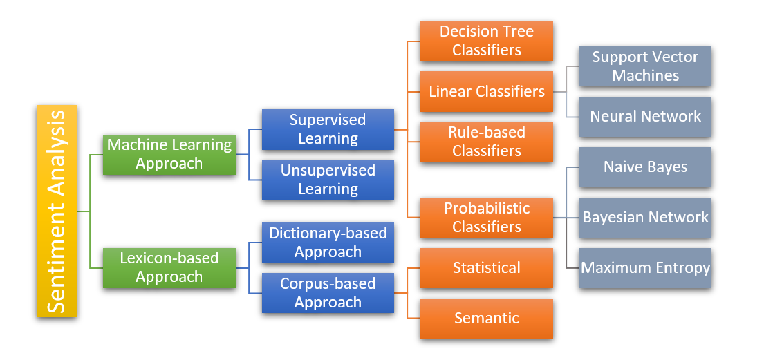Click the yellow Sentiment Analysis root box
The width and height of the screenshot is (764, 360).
tap(57, 211)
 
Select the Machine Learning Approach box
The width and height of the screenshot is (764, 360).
tap(169, 154)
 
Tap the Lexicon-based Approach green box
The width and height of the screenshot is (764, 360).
tap(169, 267)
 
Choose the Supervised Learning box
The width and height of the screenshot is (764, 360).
tap(328, 129)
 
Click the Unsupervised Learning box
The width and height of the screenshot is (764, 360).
tap(328, 180)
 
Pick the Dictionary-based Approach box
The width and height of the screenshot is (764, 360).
tap(328, 243)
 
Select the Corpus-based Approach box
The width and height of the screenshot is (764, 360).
tap(328, 293)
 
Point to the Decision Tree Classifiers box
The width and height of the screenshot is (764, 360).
tap(486, 41)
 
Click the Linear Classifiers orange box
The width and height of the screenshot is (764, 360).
tap(486, 91)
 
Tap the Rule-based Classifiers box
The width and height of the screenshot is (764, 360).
tap(486, 142)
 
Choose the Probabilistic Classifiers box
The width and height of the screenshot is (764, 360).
tap(486, 218)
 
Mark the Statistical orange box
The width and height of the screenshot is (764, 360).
tap(486, 268)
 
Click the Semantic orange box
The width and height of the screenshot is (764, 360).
tap(486, 319)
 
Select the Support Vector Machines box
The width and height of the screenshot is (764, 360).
tap(645, 66)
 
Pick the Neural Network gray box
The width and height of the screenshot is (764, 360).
tap(645, 117)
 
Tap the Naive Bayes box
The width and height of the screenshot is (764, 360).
tap(645, 167)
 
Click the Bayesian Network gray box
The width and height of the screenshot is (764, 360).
tap(645, 218)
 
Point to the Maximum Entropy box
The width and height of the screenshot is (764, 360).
tap(645, 268)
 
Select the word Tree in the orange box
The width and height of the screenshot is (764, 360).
tap(518, 32)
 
